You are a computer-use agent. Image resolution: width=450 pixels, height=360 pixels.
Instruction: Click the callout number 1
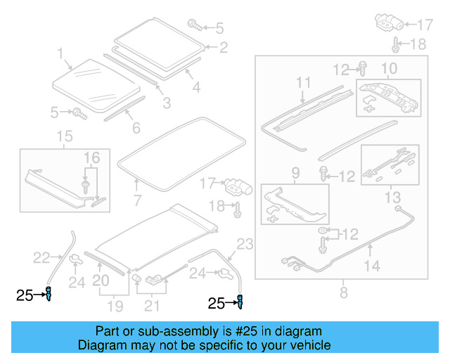60,53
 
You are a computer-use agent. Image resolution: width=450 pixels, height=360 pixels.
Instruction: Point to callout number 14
372,266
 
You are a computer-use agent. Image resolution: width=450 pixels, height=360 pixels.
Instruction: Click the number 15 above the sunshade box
64,135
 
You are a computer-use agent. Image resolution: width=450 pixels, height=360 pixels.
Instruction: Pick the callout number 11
303,83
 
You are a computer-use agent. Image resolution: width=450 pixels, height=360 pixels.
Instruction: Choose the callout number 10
389,68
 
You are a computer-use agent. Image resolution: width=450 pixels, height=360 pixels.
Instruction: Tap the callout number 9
296,172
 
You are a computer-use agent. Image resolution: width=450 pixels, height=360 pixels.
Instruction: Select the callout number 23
244,245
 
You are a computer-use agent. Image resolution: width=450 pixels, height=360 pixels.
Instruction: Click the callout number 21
152,305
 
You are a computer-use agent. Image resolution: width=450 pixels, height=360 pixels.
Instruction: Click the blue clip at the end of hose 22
49,295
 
